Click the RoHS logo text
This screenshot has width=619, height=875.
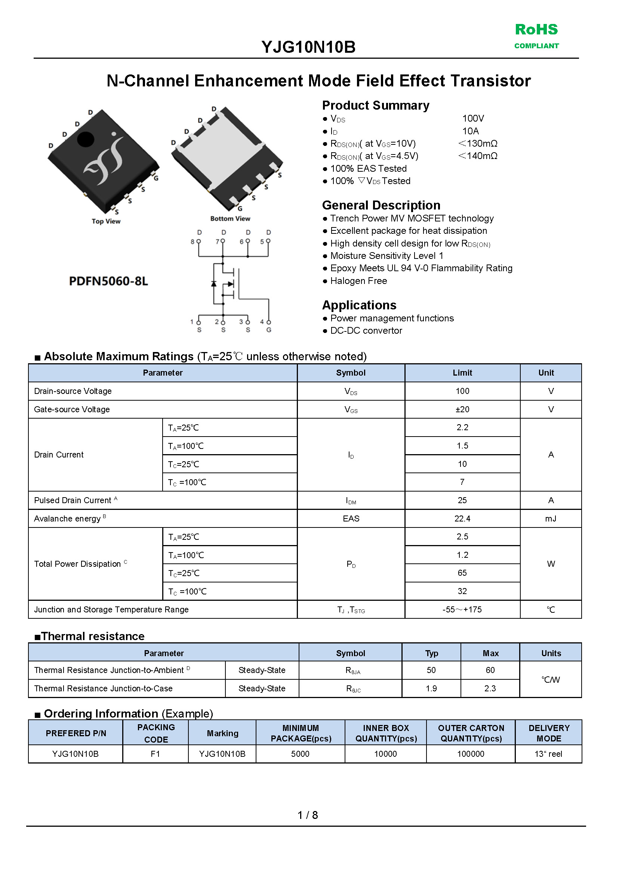pyautogui.click(x=536, y=30)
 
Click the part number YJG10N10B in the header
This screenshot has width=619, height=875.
pyautogui.click(x=308, y=47)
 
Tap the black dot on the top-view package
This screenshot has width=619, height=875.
pyautogui.click(x=85, y=139)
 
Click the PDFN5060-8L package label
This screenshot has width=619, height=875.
pyautogui.click(x=108, y=281)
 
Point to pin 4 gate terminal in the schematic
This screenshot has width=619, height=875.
pyautogui.click(x=269, y=322)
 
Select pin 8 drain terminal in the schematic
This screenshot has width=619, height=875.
pyautogui.click(x=198, y=241)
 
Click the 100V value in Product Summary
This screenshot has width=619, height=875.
pyautogui.click(x=472, y=119)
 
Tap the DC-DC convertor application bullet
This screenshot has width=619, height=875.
pyautogui.click(x=366, y=331)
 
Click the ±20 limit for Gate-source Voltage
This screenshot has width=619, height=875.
pyautogui.click(x=462, y=409)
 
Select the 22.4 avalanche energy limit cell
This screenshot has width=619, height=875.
pyautogui.click(x=462, y=518)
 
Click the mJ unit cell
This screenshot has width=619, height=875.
pyautogui.click(x=550, y=518)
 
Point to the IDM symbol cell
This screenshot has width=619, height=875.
pyautogui.click(x=351, y=501)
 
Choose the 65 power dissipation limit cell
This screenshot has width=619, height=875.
pyautogui.click(x=462, y=573)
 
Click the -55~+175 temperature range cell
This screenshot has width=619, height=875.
pyautogui.click(x=462, y=609)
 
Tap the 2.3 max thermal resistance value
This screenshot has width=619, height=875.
pyautogui.click(x=490, y=688)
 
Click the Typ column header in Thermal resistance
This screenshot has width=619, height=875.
pyautogui.click(x=431, y=654)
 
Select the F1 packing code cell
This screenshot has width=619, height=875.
pyautogui.click(x=155, y=754)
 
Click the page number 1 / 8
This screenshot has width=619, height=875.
pyautogui.click(x=308, y=815)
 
